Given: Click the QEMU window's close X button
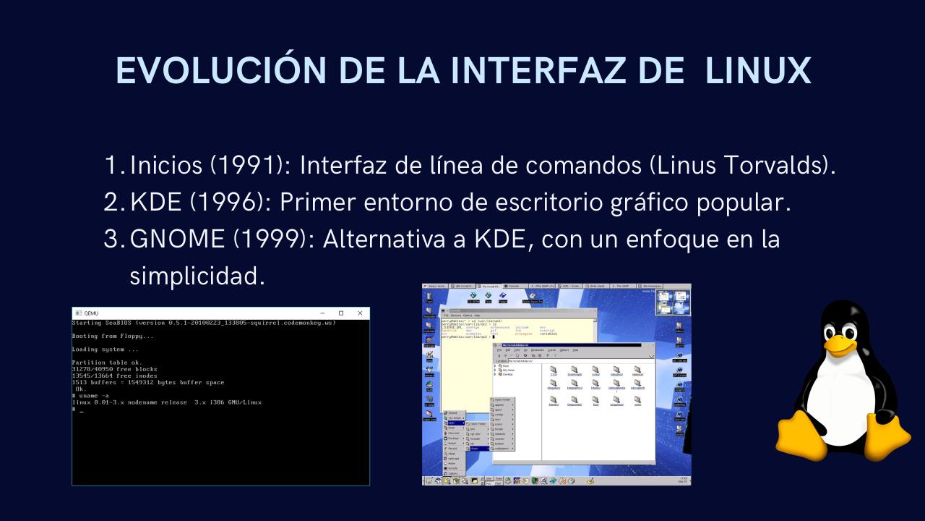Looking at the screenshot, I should [360, 313].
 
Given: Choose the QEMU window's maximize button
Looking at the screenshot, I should [341, 313].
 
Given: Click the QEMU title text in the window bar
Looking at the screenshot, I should [91, 313].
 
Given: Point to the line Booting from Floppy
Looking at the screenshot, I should [113, 336].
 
